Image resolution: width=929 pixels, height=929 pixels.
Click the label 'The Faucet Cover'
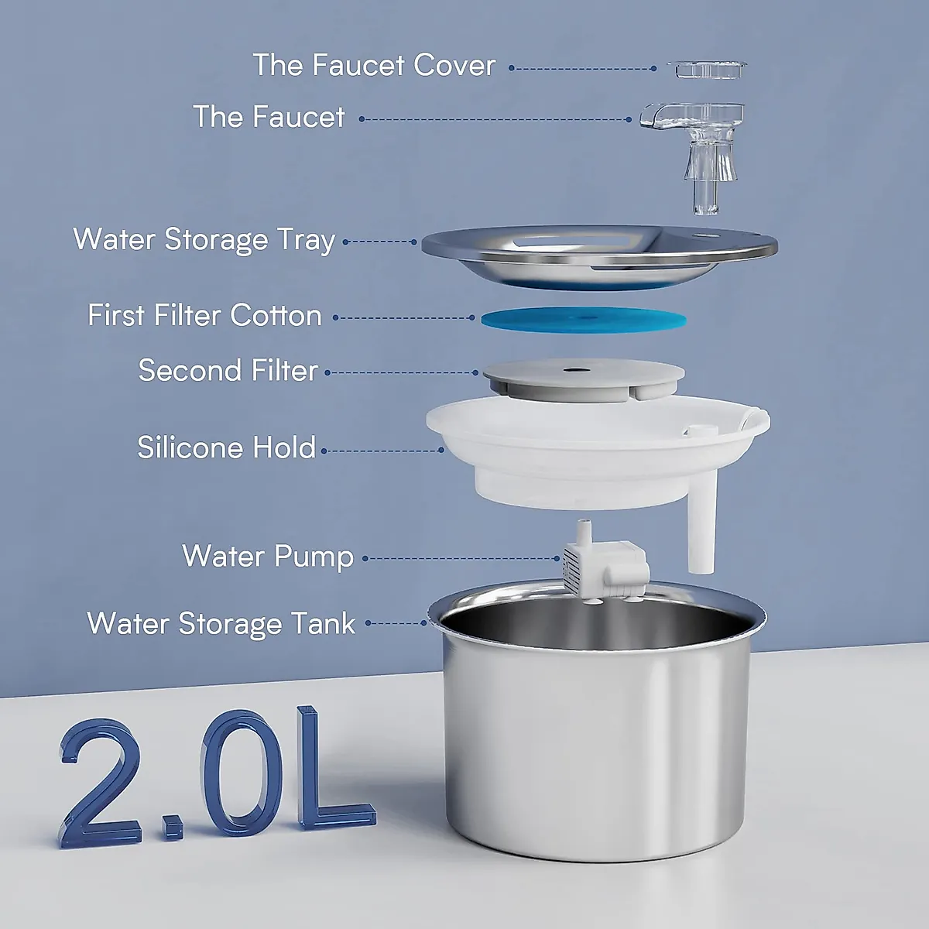[374, 66]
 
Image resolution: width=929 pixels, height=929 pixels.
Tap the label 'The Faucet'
[269, 117]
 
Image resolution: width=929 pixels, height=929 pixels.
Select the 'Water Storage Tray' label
[204, 240]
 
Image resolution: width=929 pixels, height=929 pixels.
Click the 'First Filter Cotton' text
[204, 316]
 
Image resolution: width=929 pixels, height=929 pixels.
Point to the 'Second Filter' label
[228, 371]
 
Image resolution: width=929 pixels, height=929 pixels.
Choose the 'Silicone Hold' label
[226, 447]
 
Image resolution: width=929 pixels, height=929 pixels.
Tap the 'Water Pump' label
[268, 557]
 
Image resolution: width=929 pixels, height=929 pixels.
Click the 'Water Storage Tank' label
[221, 624]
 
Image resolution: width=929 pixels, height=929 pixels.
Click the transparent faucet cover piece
[709, 69]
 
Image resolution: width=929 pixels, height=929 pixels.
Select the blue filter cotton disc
[584, 318]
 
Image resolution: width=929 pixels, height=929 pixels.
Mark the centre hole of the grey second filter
[574, 369]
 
